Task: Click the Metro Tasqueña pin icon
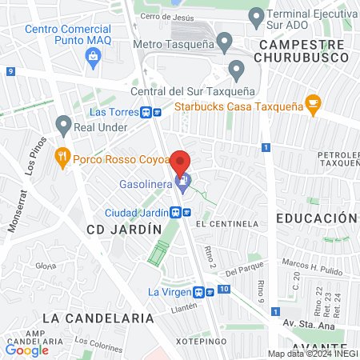point(224,41)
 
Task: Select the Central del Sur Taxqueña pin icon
point(236,70)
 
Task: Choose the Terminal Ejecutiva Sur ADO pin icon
point(256,15)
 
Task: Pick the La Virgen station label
point(170,291)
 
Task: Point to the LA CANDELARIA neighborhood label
point(98,318)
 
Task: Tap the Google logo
point(26,349)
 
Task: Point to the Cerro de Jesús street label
point(166,16)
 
